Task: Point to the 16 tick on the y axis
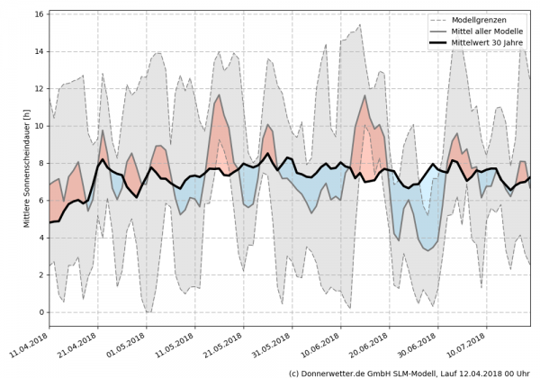tap(40, 14)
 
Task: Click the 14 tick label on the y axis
tap(40, 51)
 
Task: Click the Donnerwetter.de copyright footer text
tap(409, 372)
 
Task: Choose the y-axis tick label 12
tap(40, 88)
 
